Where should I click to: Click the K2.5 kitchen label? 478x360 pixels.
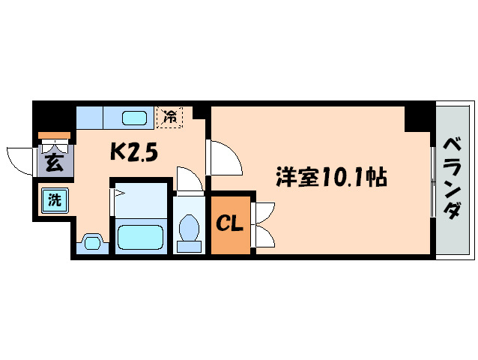click(134, 152)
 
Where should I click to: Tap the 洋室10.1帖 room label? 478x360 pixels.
click(330, 178)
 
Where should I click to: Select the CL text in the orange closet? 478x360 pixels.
click(229, 223)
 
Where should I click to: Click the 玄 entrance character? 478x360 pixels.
click(53, 163)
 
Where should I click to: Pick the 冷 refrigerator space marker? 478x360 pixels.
click(170, 117)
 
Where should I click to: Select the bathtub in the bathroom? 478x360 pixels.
click(141, 238)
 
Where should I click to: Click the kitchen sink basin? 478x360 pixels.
click(136, 118)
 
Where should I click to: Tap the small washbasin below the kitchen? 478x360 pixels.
click(93, 242)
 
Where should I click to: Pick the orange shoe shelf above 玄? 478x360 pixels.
click(54, 136)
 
